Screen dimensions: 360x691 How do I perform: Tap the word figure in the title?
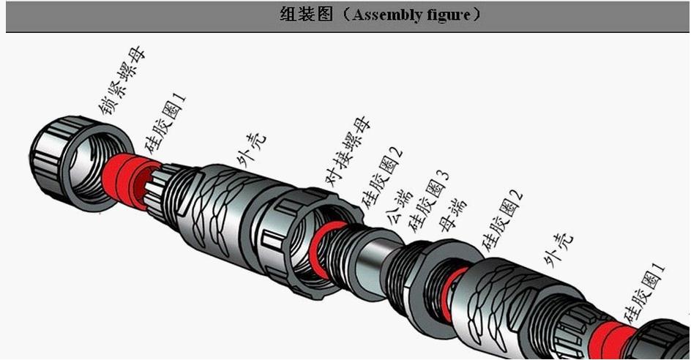point(447,15)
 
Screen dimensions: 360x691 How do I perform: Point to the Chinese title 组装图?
point(305,15)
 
